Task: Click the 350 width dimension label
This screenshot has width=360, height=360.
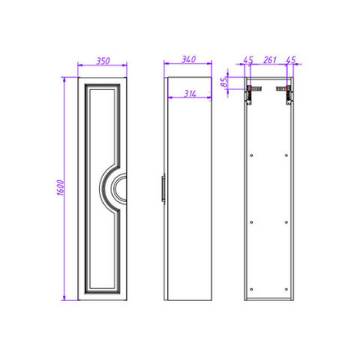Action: (x=103, y=61)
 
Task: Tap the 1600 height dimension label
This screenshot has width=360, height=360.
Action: (x=61, y=187)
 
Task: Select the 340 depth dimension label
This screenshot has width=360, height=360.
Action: (x=189, y=60)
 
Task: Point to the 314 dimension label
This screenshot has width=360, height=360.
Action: (x=190, y=94)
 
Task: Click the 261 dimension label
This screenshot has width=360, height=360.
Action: (x=270, y=60)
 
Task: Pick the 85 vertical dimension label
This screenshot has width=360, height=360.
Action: (x=224, y=82)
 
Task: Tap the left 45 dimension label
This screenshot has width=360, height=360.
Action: (x=248, y=60)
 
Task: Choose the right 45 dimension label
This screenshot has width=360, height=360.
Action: (x=290, y=60)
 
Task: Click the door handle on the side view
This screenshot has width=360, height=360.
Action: (x=163, y=188)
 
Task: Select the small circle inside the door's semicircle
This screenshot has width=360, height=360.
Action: (x=120, y=188)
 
